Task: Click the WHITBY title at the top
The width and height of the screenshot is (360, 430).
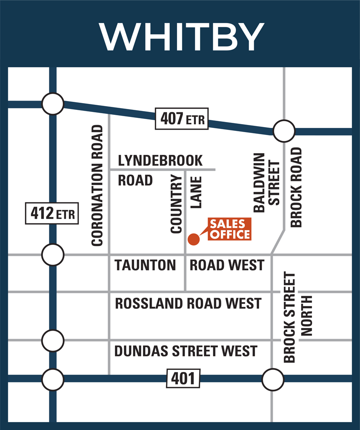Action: point(181,37)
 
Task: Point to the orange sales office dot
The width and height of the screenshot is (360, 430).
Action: point(193,239)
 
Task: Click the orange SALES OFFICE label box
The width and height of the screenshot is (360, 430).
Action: point(230,229)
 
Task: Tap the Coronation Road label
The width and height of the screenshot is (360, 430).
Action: point(97,186)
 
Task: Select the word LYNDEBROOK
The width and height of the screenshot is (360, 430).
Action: point(160,160)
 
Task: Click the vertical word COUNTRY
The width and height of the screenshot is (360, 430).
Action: point(177,204)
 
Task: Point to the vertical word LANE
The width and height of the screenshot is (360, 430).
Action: point(196,192)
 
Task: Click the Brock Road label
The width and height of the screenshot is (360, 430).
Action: point(296,187)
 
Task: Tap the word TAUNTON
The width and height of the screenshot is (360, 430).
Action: point(145,265)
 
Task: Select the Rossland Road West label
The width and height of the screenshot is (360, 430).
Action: point(188,303)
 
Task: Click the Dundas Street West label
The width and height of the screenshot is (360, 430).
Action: point(185,350)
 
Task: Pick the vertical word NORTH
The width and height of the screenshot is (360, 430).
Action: point(307,316)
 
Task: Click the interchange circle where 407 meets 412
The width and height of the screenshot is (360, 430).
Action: point(53,104)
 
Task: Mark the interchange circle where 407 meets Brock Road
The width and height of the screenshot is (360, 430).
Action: point(284,131)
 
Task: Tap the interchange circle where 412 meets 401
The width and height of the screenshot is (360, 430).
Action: point(53,379)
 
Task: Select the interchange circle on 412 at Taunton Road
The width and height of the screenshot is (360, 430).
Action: point(53,255)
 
